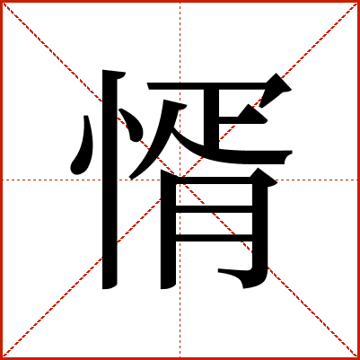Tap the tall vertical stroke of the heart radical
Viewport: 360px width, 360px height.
[x=112, y=180]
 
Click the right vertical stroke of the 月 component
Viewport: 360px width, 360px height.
[x=260, y=224]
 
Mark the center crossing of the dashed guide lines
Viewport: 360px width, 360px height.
[x=180, y=180]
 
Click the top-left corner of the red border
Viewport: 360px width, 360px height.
[x=2, y=2]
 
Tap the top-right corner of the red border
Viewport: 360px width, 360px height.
[x=357, y=2]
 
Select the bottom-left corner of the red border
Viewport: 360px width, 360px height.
[x=2, y=357]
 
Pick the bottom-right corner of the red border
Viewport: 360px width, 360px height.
[x=357, y=357]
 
